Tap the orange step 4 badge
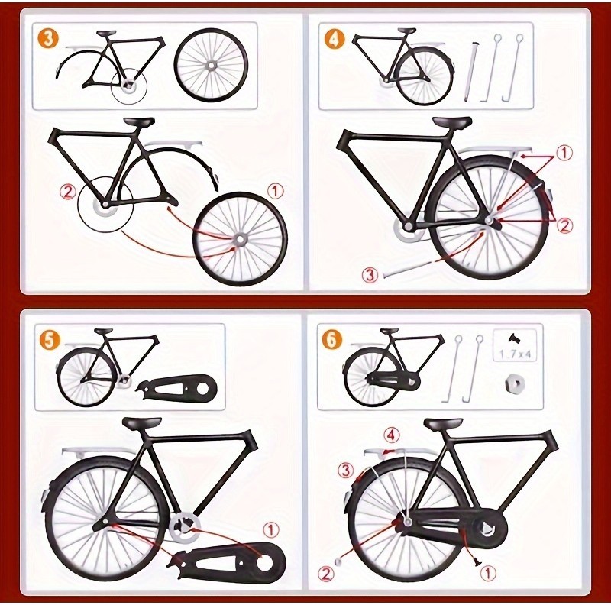coord(334,39)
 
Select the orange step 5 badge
coord(47,340)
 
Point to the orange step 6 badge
coord(332,340)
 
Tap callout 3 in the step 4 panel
coord(370,275)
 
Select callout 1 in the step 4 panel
coord(564,154)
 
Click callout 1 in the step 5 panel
coord(271,529)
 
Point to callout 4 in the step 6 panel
coord(391,435)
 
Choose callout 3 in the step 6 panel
coord(346,470)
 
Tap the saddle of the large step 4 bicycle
coord(451,122)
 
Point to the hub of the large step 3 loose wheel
coord(240,239)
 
